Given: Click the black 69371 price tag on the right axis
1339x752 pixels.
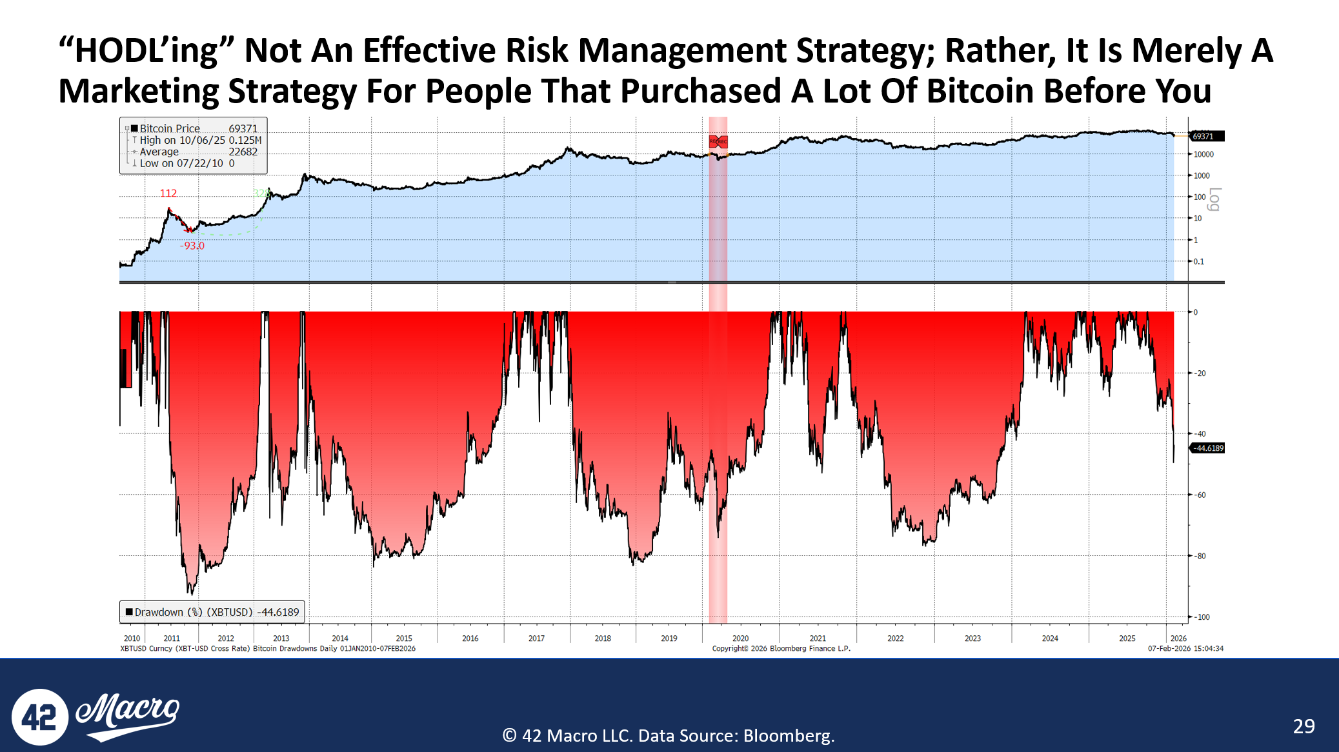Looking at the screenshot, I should (x=1204, y=136).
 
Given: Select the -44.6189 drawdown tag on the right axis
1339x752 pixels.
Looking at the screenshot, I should (x=1207, y=448).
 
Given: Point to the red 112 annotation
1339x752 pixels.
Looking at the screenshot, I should (x=168, y=193).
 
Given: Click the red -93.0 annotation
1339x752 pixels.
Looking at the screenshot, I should (x=192, y=246).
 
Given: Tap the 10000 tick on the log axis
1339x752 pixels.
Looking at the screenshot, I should (x=1203, y=155).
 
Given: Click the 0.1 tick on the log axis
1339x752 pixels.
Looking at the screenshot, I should (x=1198, y=262).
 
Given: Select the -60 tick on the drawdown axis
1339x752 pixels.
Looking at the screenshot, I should (x=1200, y=495).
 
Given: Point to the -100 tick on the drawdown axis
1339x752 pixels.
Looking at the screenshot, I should (x=1202, y=617).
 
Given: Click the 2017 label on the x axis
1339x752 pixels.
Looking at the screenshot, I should (x=536, y=638).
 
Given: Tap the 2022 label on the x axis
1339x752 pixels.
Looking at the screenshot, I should (x=895, y=638).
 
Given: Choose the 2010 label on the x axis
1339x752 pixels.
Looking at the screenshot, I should (x=132, y=638).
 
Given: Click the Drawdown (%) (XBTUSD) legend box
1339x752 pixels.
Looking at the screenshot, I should (x=212, y=612).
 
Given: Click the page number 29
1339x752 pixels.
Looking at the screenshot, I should (x=1304, y=726).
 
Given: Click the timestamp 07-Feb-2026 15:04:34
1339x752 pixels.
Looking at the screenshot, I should (x=1185, y=649).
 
